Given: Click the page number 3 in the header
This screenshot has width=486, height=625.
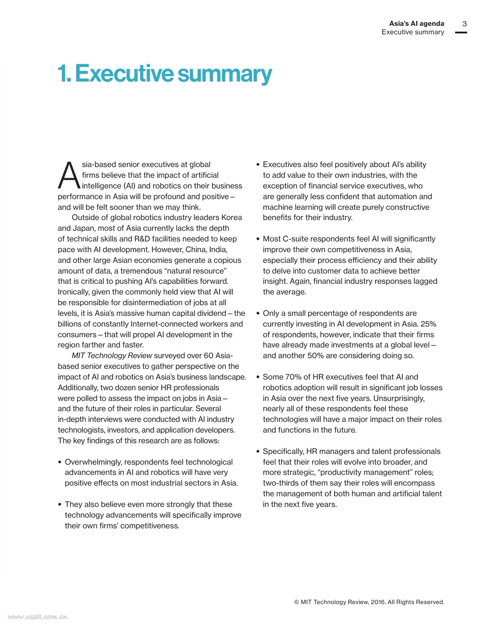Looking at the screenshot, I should coord(464,24).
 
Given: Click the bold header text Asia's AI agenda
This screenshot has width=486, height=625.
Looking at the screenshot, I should coord(417,24).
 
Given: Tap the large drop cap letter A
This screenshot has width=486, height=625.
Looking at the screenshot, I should coord(69,175).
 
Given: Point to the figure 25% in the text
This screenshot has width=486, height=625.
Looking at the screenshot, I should coord(428,324).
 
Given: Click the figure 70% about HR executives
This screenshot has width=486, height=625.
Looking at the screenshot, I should coord(292,377).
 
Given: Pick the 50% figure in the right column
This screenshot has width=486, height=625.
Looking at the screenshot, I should coord(316,355).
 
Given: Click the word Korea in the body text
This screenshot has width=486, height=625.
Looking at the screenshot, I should coord(232,217).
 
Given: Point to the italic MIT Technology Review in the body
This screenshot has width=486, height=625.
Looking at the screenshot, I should coord(112,355).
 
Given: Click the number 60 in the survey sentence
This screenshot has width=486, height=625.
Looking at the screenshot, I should coord(208,355).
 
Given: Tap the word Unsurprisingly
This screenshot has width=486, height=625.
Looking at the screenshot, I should coord(399,398).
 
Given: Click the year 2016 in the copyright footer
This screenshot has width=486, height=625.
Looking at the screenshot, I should coord(377,602).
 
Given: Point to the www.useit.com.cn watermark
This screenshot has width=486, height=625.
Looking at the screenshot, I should coord(37,617).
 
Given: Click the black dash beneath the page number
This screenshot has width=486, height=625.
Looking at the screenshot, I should coord(461,33).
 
